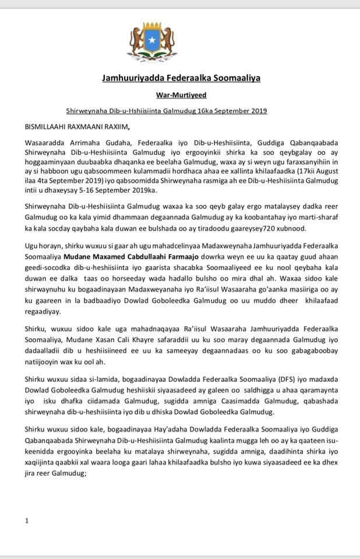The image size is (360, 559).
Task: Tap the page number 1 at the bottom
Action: (x=26, y=520)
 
